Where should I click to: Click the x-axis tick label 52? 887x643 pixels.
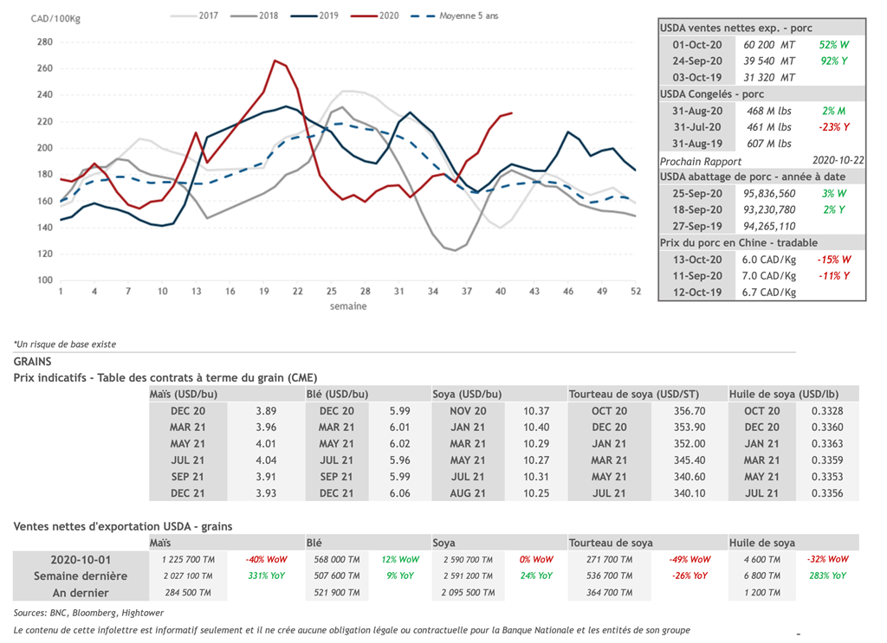[636, 292]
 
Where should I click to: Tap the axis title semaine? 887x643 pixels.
[347, 306]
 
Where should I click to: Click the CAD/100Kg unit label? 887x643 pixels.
[55, 18]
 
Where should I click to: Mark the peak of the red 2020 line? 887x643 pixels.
[275, 61]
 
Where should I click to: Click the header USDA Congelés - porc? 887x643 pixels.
[712, 93]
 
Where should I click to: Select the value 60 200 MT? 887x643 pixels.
[768, 44]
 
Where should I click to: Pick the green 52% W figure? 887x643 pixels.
[833, 44]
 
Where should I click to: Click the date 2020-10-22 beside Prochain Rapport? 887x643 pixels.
[838, 160]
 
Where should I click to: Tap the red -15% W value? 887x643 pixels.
[833, 260]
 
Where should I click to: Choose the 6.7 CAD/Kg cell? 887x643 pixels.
[768, 292]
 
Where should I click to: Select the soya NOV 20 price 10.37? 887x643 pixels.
[537, 411]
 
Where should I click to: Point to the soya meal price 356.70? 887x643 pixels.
[690, 411]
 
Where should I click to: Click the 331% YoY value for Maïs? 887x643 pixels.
[267, 575]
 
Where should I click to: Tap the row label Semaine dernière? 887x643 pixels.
[81, 575]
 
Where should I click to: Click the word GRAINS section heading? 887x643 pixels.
[33, 361]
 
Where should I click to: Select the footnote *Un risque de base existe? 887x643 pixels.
[65, 344]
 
